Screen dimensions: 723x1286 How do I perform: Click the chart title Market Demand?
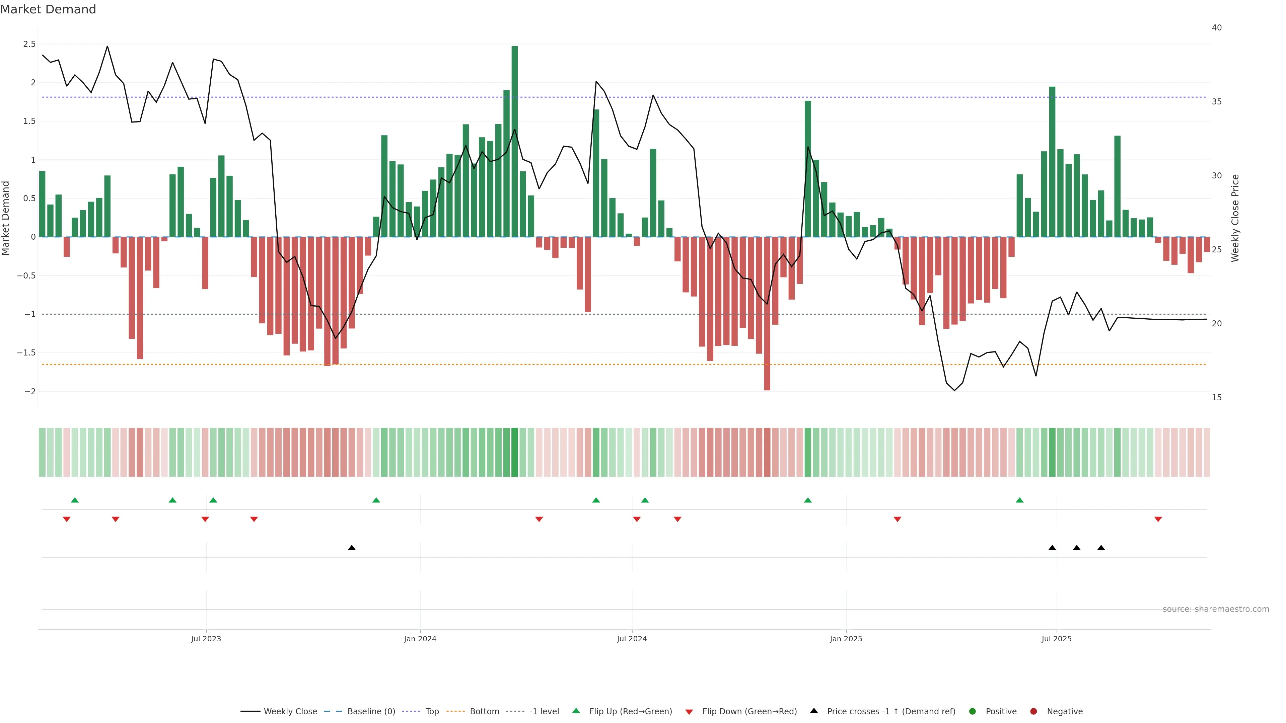(48, 9)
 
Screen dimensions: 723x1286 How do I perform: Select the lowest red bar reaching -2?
(767, 313)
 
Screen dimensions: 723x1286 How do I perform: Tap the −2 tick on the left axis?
(29, 392)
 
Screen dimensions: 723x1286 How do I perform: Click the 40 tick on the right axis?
(1217, 27)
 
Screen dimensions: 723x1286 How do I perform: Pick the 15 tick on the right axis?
(1217, 398)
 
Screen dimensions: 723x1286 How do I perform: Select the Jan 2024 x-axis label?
(420, 639)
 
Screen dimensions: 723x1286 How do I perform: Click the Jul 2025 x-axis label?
(1056, 639)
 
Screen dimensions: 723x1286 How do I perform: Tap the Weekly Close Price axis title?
(1235, 218)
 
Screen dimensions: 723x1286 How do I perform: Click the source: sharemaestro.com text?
(1216, 609)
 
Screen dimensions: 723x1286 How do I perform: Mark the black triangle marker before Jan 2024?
(351, 548)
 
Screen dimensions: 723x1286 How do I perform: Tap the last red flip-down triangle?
(1158, 519)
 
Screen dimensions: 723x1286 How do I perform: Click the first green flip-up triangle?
(75, 500)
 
